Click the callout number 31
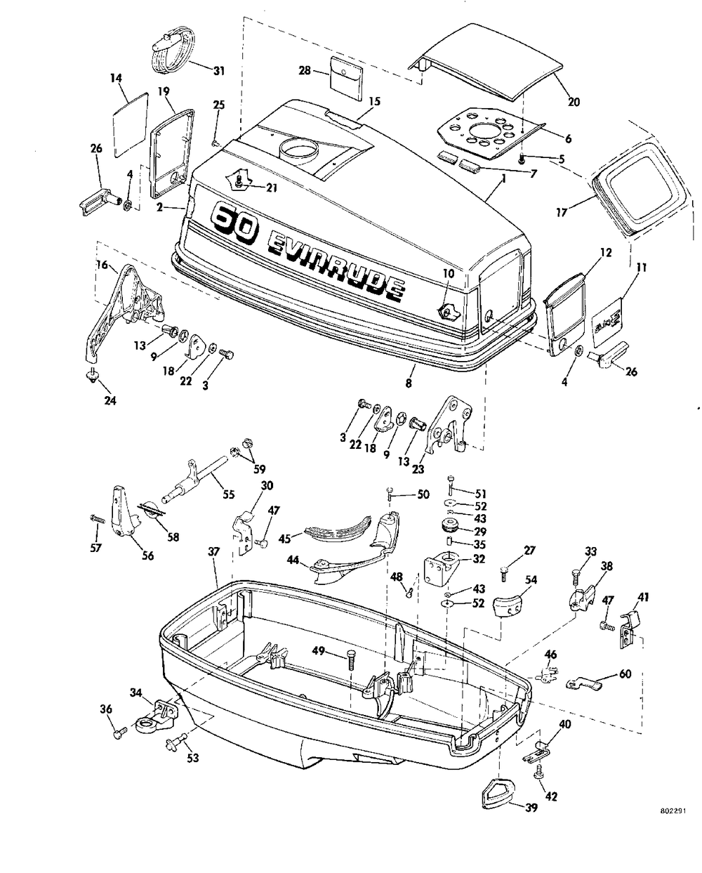click(x=219, y=72)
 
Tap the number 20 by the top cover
click(x=574, y=103)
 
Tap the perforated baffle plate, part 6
click(x=490, y=132)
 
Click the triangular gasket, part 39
click(x=498, y=793)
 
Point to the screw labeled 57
click(x=98, y=518)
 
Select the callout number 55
click(x=229, y=494)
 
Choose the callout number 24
click(x=110, y=401)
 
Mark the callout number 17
click(x=562, y=212)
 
